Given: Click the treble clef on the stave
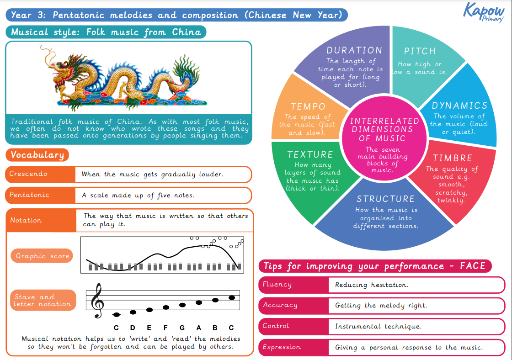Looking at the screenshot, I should [97, 301].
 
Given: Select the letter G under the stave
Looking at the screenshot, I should [182, 328].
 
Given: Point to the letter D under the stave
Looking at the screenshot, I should [133, 328].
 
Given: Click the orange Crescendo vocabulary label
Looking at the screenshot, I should [28, 174].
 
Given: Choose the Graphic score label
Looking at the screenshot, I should [43, 256].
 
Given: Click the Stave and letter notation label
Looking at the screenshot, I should [42, 300].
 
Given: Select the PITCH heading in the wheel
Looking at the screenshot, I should [420, 51].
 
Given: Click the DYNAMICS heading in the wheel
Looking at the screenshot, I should [459, 106].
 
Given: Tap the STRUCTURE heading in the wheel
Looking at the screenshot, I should [385, 199].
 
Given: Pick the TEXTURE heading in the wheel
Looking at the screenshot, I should [310, 154].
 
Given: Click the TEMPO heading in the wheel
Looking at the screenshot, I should [308, 106].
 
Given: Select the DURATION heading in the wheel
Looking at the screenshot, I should [354, 50].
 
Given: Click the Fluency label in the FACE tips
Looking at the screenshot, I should [277, 285].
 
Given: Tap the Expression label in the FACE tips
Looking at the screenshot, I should [282, 347].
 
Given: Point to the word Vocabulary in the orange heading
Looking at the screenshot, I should [37, 155].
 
